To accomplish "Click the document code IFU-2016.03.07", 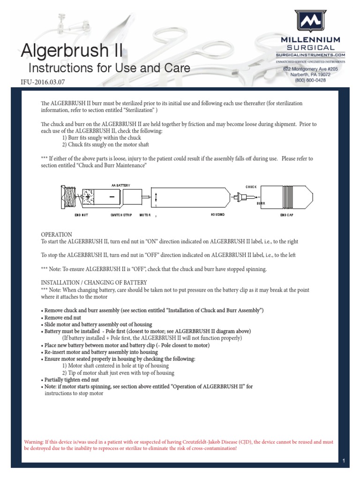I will click(44, 82).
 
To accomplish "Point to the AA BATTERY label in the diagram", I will click(120, 186).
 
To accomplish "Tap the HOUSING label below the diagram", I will click(217, 214).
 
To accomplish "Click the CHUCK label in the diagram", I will click(252, 187).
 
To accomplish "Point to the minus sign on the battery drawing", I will click(112, 197).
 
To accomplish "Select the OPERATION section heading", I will click(56, 234).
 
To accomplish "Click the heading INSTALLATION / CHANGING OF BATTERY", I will click(94, 283).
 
